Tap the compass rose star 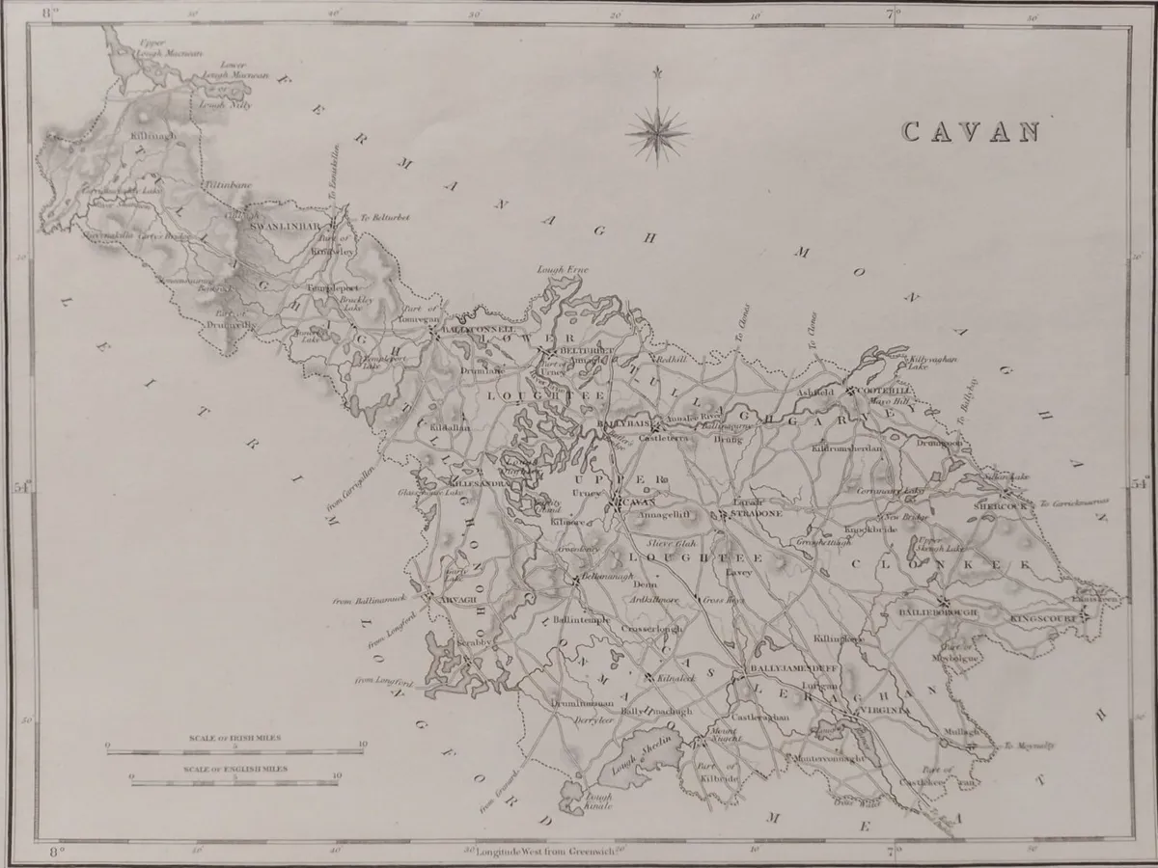(x=657, y=128)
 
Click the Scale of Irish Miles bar (x=234, y=752)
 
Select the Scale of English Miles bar (x=234, y=779)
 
